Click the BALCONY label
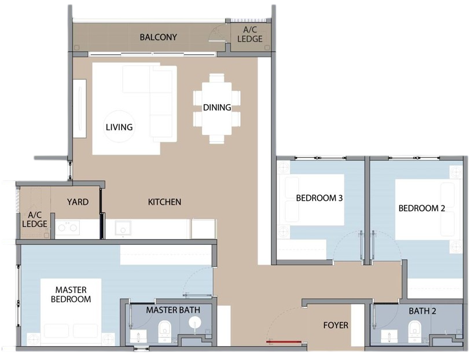pyautogui.click(x=158, y=37)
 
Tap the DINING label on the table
pyautogui.click(x=217, y=107)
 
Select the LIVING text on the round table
pyautogui.click(x=119, y=127)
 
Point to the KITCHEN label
pyautogui.click(x=164, y=202)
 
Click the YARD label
pyautogui.click(x=78, y=202)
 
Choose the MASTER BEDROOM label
pyautogui.click(x=71, y=295)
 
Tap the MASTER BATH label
pyautogui.click(x=173, y=310)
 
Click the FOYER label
pyautogui.click(x=336, y=325)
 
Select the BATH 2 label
pyautogui.click(x=422, y=311)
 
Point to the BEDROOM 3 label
pyautogui.click(x=319, y=198)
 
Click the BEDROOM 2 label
pyautogui.click(x=422, y=208)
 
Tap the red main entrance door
pyautogui.click(x=284, y=341)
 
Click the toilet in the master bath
pyautogui.click(x=165, y=331)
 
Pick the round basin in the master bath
pyautogui.click(x=195, y=323)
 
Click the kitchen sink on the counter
pyautogui.click(x=123, y=228)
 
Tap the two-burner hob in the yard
pyautogui.click(x=67, y=227)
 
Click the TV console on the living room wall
pyautogui.click(x=79, y=108)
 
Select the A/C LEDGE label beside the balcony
pyautogui.click(x=250, y=34)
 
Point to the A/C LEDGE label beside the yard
pyautogui.click(x=35, y=219)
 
